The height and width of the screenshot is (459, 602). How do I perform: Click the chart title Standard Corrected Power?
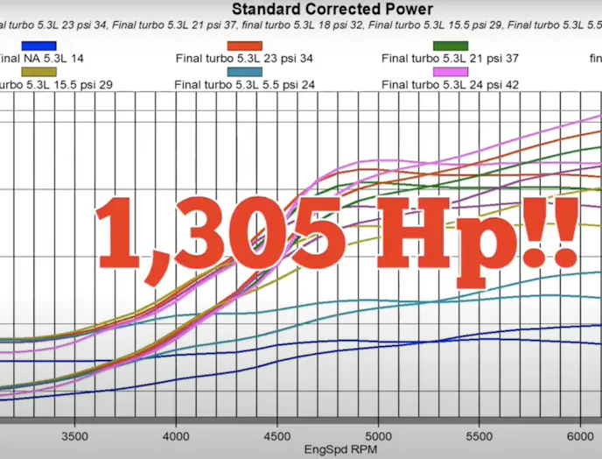332,10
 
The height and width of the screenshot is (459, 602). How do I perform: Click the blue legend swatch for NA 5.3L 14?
38,46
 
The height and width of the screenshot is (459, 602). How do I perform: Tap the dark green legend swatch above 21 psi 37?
451,46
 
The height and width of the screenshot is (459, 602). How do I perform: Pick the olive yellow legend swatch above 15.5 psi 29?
38,71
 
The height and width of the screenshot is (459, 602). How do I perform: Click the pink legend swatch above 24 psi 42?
451,71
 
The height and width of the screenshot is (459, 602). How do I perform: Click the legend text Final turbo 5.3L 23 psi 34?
244,60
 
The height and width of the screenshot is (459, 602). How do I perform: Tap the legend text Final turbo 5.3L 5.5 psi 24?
244,85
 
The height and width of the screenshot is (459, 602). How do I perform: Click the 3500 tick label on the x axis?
75,434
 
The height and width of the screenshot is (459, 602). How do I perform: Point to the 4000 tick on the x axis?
176,434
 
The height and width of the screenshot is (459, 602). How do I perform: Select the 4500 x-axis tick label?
277,434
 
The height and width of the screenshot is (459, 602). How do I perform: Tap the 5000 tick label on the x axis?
378,434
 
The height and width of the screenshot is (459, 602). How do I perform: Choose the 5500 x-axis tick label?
479,434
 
